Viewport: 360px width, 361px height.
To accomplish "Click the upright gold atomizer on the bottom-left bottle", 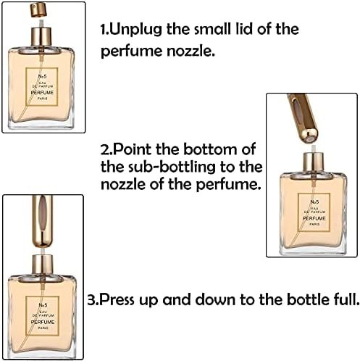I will [43, 217].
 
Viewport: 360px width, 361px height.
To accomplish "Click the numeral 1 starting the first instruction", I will [103, 30].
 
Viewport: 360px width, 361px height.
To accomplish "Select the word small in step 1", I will [209, 30].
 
